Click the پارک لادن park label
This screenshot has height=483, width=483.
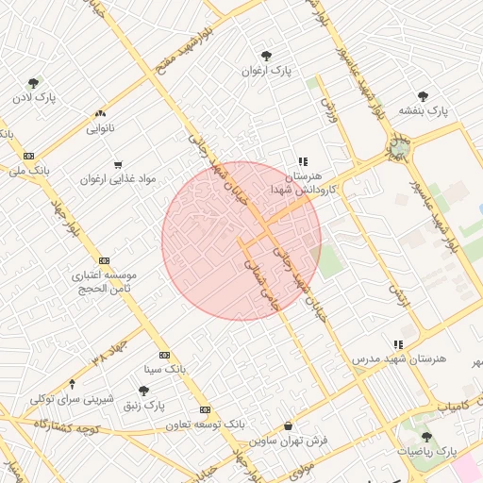(x=35, y=97)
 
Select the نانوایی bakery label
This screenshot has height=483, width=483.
(x=101, y=126)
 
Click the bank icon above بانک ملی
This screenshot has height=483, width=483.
(x=29, y=156)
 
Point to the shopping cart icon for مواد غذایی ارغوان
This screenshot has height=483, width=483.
(x=118, y=164)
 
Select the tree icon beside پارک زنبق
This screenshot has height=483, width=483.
(x=143, y=391)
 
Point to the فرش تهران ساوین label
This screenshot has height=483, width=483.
(x=288, y=441)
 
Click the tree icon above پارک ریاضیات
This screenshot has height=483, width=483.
(x=426, y=437)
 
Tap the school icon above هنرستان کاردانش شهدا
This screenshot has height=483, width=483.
(x=303, y=162)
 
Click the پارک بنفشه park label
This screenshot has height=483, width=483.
(x=422, y=110)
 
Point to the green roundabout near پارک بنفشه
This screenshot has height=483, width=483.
(x=400, y=147)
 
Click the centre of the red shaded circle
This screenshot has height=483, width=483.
(x=241, y=241)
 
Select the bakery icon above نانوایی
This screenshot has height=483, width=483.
(x=101, y=112)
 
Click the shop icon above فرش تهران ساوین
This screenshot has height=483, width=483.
(x=288, y=426)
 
